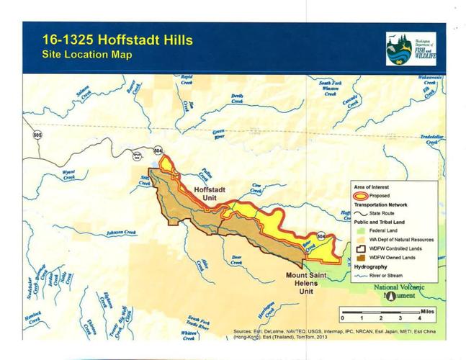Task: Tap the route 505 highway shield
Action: coord(35,134)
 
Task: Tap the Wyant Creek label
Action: coord(69,174)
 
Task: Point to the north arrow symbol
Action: coord(390,294)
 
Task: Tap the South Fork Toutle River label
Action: coord(199,323)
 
